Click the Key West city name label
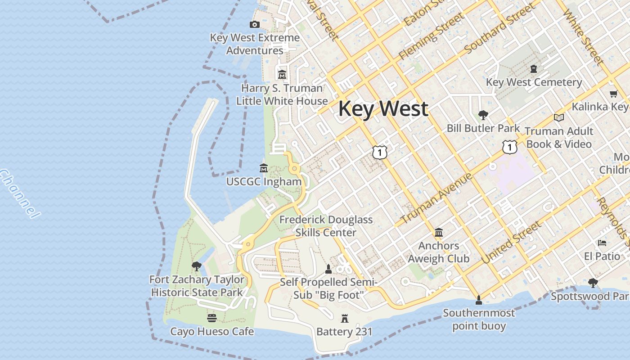click(383, 109)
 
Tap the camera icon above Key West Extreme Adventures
click(255, 25)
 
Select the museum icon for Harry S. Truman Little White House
click(282, 74)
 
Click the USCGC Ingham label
click(264, 182)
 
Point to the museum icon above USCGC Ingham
click(264, 168)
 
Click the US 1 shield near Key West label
click(380, 153)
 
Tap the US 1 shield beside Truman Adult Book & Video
click(509, 147)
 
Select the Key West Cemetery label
click(534, 82)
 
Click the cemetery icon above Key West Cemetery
click(534, 69)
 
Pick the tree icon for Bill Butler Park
click(483, 115)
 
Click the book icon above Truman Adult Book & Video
click(559, 117)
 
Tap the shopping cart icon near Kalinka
click(613, 94)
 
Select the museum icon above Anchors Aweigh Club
click(439, 233)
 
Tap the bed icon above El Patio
click(602, 243)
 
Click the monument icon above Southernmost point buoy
click(479, 300)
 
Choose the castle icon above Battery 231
click(345, 319)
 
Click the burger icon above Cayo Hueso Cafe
click(212, 318)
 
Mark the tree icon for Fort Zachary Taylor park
click(196, 266)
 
